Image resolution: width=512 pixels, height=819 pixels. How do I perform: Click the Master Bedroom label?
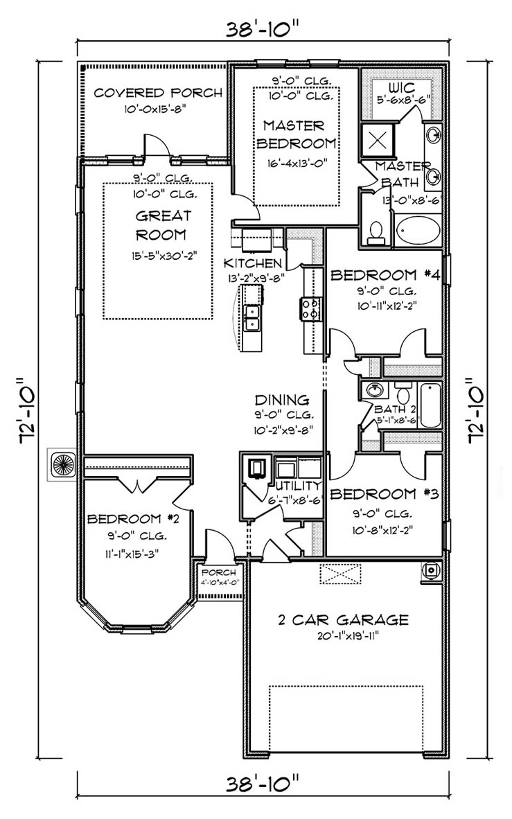tap(293, 134)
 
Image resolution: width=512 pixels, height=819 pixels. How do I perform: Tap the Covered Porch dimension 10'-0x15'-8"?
tap(159, 109)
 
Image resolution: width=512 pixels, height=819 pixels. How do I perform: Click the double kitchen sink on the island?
tap(251, 317)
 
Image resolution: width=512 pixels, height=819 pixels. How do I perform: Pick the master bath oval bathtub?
tap(418, 230)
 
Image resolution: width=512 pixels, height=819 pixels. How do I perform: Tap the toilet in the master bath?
tap(375, 232)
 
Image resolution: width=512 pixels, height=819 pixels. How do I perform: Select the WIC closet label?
tap(401, 89)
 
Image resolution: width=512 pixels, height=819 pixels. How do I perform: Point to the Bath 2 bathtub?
tap(430, 405)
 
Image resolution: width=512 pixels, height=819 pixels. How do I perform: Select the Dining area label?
tap(281, 400)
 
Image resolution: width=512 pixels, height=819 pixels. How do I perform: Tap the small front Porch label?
tap(218, 572)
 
